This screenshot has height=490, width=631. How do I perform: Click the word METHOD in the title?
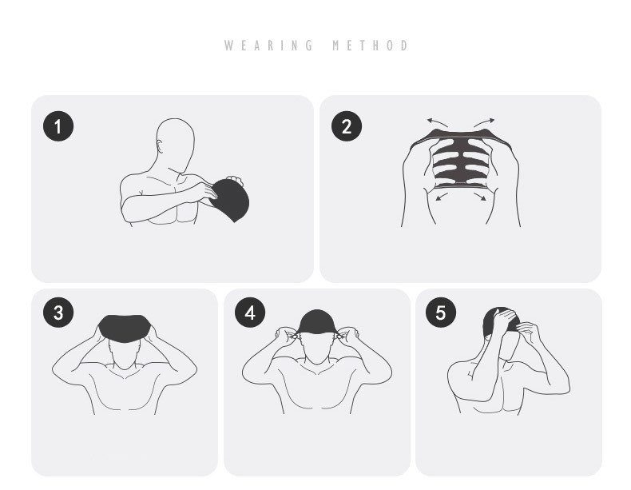pyautogui.click(x=371, y=45)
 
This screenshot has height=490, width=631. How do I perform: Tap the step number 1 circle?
pyautogui.click(x=58, y=126)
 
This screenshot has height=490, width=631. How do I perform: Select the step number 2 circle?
pyautogui.click(x=347, y=126)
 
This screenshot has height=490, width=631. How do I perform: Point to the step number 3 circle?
pyautogui.click(x=58, y=313)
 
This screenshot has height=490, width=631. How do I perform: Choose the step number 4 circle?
pyautogui.click(x=250, y=313)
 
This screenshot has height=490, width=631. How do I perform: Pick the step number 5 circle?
pyautogui.click(x=441, y=313)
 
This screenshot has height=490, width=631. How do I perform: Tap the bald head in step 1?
pyautogui.click(x=176, y=143)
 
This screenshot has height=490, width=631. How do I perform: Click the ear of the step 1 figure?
pyautogui.click(x=161, y=145)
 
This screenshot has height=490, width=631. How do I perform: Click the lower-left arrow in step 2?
pyautogui.click(x=442, y=197)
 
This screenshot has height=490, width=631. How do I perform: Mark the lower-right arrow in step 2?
pyautogui.click(x=480, y=197)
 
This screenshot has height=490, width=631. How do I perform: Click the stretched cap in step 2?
pyautogui.click(x=461, y=159)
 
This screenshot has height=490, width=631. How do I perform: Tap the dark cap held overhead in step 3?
pyautogui.click(x=125, y=329)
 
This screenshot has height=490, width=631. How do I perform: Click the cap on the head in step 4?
pyautogui.click(x=317, y=321)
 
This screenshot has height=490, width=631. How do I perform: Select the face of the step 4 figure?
pyautogui.click(x=317, y=349)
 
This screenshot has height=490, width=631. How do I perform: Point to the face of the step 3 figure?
pyautogui.click(x=125, y=354)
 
